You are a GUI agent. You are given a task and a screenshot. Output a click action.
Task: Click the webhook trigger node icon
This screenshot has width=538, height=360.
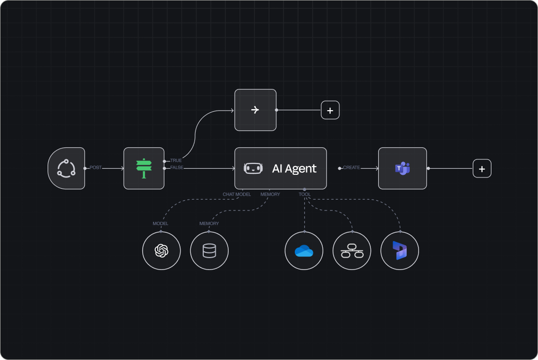click(x=66, y=168)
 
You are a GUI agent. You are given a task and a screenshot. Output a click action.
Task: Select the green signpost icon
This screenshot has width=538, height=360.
click(x=144, y=168)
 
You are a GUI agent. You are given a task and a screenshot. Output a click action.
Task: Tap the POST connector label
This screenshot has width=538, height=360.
click(x=96, y=168)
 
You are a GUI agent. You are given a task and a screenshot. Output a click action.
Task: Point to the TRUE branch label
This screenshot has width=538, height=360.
click(x=176, y=161)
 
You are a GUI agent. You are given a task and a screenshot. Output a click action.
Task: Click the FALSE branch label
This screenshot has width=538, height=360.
click(x=176, y=168)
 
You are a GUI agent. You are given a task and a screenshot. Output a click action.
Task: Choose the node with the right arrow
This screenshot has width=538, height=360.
click(x=255, y=110)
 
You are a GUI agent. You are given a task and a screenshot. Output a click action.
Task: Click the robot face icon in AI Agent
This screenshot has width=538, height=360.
click(x=253, y=168)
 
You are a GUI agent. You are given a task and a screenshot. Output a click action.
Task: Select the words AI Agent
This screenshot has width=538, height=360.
click(x=294, y=169)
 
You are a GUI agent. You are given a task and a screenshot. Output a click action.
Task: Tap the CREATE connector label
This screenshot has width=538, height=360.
click(x=351, y=168)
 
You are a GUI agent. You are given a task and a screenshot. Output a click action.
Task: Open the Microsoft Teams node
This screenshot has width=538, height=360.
click(x=402, y=168)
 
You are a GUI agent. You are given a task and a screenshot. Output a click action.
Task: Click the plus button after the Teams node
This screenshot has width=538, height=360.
click(x=482, y=169)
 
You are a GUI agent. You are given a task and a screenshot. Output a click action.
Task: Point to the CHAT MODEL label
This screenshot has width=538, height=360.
click(x=237, y=194)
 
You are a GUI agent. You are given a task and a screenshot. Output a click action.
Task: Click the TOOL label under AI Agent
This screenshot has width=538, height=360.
click(x=305, y=194)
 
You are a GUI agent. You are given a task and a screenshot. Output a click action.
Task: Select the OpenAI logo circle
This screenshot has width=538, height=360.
click(x=161, y=251)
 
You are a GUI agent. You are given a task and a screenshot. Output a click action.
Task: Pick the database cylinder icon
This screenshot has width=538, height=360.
click(x=209, y=251)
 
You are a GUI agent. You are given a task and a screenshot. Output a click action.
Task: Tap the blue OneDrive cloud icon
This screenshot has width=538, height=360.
click(x=304, y=251)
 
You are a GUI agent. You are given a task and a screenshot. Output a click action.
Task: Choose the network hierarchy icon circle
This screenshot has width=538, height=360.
click(x=352, y=251)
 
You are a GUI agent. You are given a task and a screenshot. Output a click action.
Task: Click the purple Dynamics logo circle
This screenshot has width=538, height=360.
click(x=399, y=251)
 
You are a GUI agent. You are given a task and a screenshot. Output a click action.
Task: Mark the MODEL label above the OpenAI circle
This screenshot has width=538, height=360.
click(x=160, y=223)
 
